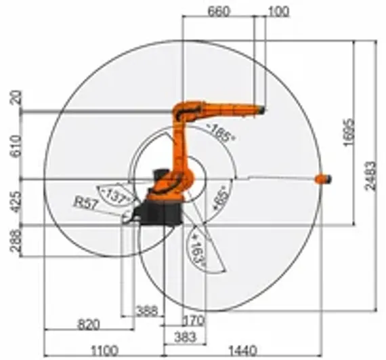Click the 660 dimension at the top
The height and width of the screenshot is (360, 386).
(219, 11)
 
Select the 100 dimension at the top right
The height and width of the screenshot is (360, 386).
(278, 11)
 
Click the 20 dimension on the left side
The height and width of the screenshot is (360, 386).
(16, 99)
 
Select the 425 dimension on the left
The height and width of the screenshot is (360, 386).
(16, 201)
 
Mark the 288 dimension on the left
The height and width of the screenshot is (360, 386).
(16, 240)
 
